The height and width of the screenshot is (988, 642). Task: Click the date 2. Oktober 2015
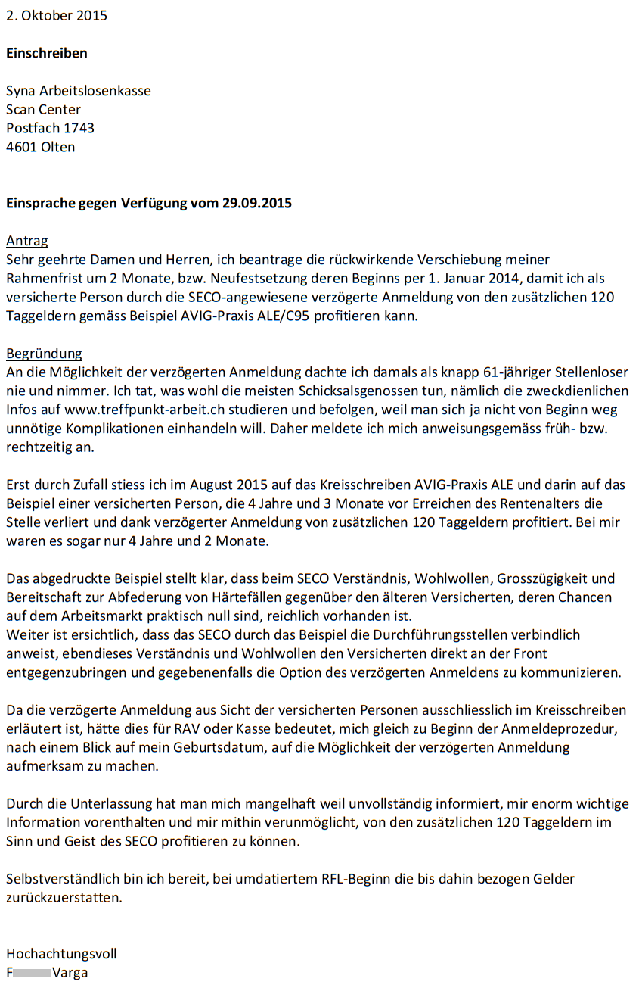(x=57, y=15)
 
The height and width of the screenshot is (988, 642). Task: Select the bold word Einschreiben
(x=47, y=53)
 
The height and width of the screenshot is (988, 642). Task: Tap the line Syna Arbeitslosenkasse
(x=79, y=91)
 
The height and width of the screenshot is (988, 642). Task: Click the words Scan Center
(x=43, y=109)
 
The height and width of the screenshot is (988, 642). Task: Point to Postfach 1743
(x=50, y=128)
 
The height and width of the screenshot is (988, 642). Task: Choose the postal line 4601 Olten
(x=41, y=147)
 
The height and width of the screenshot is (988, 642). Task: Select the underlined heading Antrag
(x=27, y=241)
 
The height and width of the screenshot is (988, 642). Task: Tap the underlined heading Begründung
(x=44, y=354)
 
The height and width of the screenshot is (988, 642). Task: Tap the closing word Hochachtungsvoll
(x=61, y=954)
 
